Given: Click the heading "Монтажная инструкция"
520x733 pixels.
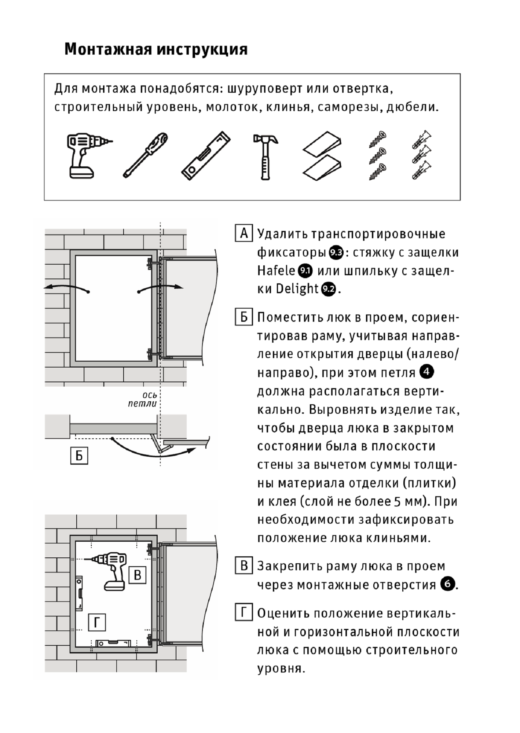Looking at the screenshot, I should tap(156, 49).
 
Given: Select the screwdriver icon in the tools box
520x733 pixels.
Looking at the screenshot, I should tap(146, 155).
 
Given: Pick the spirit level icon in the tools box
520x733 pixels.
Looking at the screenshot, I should tap(206, 155).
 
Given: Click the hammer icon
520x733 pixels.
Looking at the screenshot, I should tap(265, 156).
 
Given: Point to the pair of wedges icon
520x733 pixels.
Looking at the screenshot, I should tap(322, 155).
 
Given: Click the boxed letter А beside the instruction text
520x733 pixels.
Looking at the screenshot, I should tap(243, 233).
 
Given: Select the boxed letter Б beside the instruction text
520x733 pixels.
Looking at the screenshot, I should tap(243, 317).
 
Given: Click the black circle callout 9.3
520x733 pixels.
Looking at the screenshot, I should tap(336, 253).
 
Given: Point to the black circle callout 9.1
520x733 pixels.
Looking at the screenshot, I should tap(305, 271).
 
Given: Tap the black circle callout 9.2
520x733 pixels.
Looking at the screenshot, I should tap(328, 289).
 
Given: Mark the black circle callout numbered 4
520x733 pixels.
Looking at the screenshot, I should tap(426, 372).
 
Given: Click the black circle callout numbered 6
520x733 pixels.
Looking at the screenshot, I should tap(447, 584).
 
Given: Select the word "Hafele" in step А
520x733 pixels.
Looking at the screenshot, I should tap(276, 271).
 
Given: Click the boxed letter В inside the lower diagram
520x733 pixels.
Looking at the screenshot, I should tap(138, 575).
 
